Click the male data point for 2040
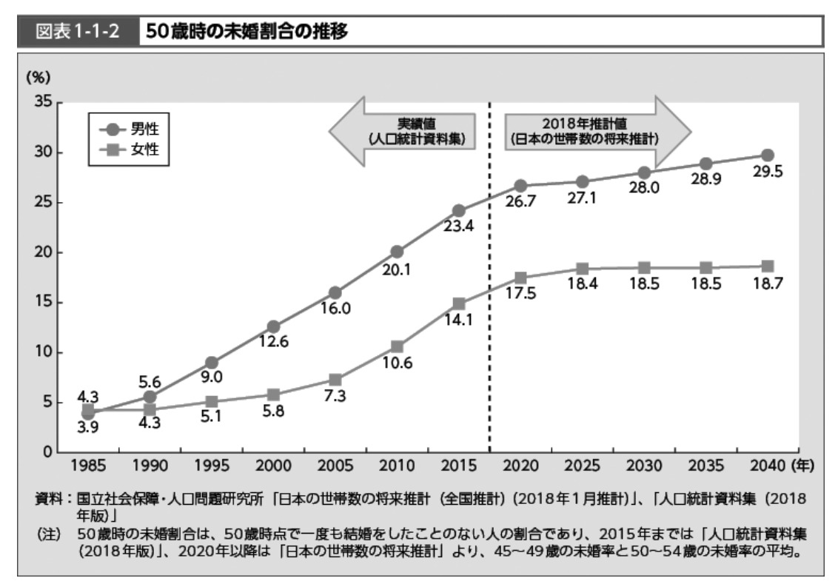[x=767, y=155]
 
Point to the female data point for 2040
[x=767, y=266]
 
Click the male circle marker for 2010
[x=397, y=252]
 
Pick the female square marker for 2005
[x=335, y=380]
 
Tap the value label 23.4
[x=458, y=227]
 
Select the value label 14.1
[x=458, y=321]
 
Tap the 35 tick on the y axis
[x=42, y=102]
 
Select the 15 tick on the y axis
[x=42, y=302]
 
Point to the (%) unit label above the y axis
[x=37, y=77]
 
